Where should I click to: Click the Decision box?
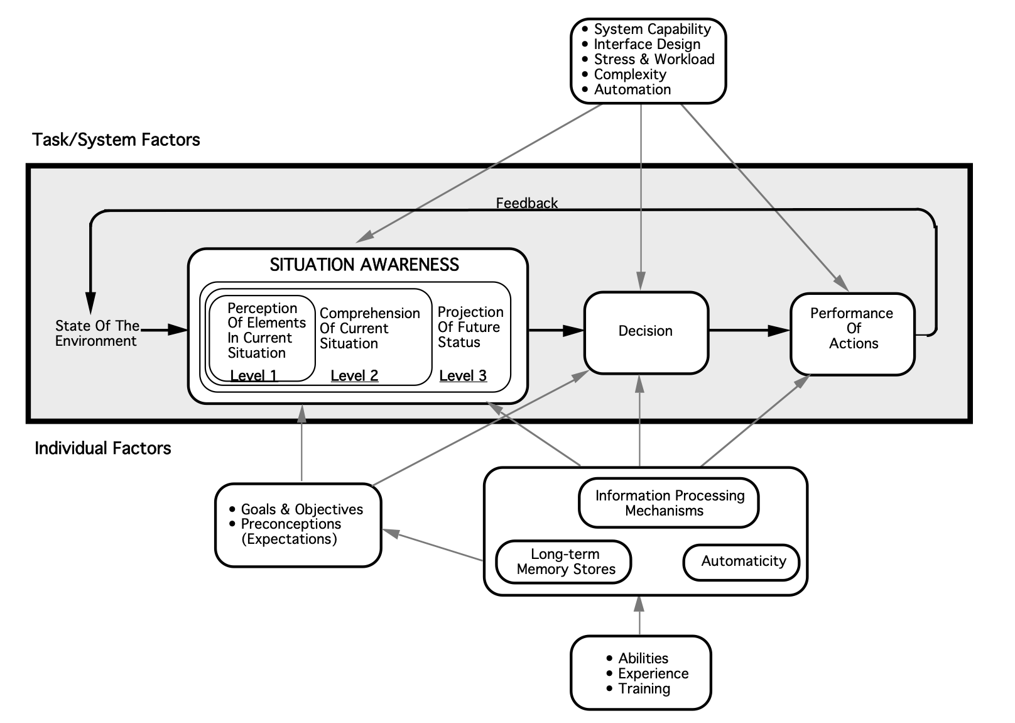[x=646, y=331]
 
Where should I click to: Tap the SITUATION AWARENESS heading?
[x=364, y=265]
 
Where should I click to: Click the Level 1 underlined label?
[x=254, y=376]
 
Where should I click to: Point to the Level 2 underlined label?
[x=354, y=376]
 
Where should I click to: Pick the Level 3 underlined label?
[x=463, y=376]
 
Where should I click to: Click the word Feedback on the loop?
[x=526, y=203]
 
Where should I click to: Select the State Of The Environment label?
[x=97, y=333]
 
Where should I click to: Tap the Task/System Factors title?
[x=116, y=140]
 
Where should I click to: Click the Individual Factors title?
[x=103, y=448]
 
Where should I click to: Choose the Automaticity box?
[x=742, y=561]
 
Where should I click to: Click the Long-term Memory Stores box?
[x=564, y=562]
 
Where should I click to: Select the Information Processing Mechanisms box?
[x=668, y=504]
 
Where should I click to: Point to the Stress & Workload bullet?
[x=653, y=59]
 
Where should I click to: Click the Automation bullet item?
[x=632, y=89]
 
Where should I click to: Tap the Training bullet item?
[x=643, y=688]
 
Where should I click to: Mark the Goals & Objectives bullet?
[x=301, y=509]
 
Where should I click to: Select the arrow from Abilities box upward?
[x=639, y=616]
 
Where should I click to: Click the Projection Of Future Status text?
[x=470, y=328]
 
